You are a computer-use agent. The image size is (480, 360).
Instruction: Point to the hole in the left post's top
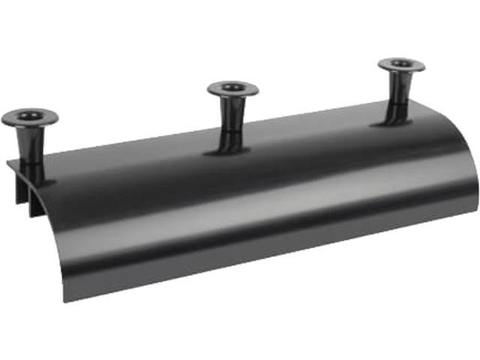click(29, 116)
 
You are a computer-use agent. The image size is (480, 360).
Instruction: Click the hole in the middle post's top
click(233, 88)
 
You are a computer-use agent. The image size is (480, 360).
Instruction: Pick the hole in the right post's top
click(401, 63)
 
